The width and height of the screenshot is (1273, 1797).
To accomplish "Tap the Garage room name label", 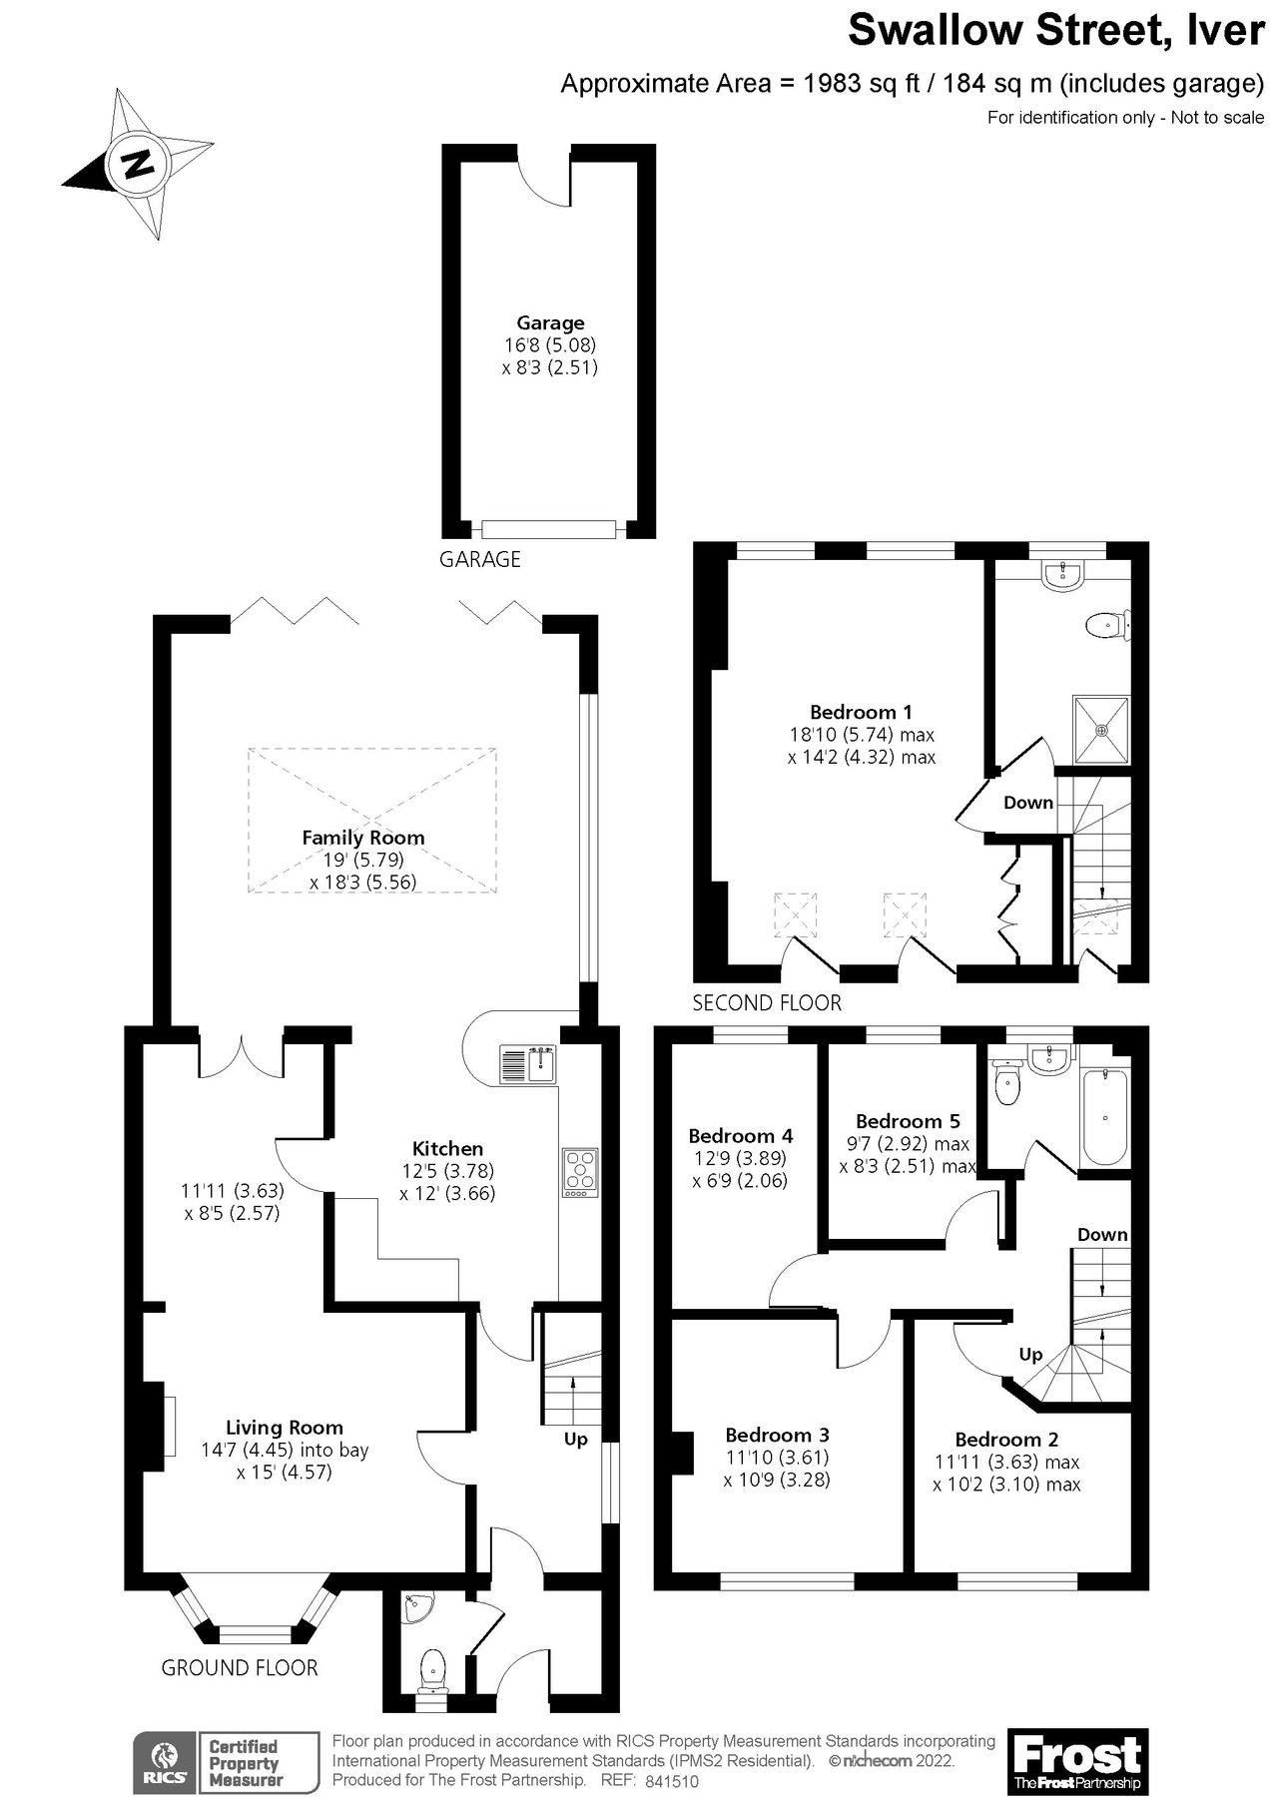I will coord(550,322).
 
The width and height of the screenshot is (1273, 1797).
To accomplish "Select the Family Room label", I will coord(363,838).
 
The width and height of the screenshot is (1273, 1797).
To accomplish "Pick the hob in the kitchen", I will coord(580,1173).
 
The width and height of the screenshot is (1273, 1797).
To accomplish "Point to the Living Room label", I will coord(285,1428).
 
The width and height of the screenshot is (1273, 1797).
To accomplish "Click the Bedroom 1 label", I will coord(861,712).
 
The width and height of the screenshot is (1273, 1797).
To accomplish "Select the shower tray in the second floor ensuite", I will coord(1102,730).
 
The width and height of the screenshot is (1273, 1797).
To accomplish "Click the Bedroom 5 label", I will coord(908,1121).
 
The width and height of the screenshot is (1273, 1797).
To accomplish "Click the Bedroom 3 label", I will coord(777,1436).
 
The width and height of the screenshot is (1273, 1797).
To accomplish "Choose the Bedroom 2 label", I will coord(1006,1440).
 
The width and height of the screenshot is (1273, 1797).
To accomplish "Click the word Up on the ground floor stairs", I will coord(576,1439).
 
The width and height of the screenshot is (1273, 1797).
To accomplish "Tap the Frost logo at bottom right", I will coord(1077,1760).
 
